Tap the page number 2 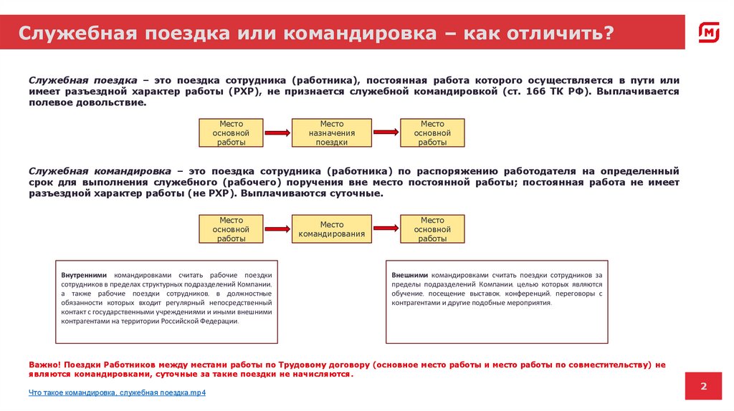pyautogui.click(x=703, y=387)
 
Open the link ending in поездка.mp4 pyautogui.click(x=118, y=393)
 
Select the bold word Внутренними pyautogui.click(x=84, y=275)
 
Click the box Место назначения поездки pyautogui.click(x=332, y=133)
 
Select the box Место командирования pyautogui.click(x=332, y=229)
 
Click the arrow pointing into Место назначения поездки pyautogui.click(x=277, y=132)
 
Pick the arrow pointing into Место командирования pyautogui.click(x=277, y=229)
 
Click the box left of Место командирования pyautogui.click(x=231, y=229)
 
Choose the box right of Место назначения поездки pyautogui.click(x=432, y=133)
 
